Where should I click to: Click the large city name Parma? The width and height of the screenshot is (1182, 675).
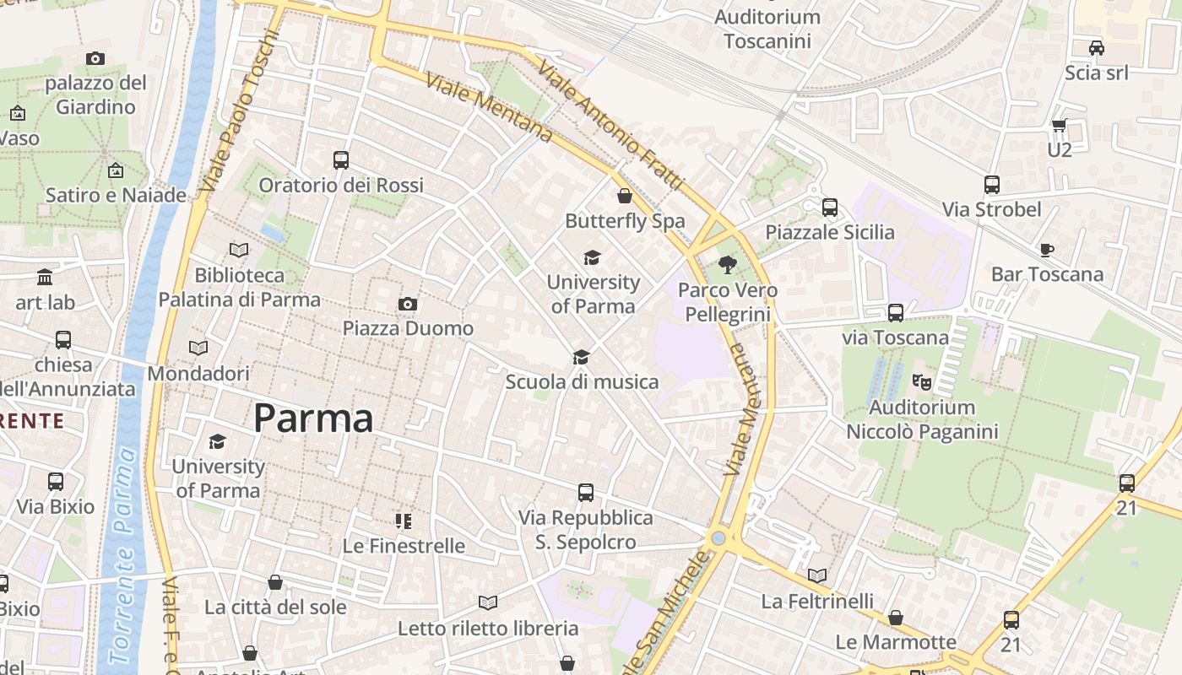coord(313,418)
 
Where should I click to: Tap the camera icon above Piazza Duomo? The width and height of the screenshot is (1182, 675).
coord(408,304)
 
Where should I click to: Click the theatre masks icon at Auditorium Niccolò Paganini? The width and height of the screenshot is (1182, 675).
coord(922,382)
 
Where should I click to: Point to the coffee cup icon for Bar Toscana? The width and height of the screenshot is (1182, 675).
coord(1047,250)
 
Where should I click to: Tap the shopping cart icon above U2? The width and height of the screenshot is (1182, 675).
coord(1059,126)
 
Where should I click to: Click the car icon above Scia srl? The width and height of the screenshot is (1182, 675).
coord(1096,48)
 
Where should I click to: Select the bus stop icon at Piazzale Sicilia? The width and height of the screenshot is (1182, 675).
coord(829,208)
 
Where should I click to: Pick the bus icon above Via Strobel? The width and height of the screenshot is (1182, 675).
coord(991,185)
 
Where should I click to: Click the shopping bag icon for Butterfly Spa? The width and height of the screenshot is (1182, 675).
coord(625,197)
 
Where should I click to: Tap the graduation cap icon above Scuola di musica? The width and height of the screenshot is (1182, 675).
coord(581,358)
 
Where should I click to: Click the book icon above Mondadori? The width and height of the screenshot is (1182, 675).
coord(198,348)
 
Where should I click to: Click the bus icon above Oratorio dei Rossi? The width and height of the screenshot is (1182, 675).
coord(341,160)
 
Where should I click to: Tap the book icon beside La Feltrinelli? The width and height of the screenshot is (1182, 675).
coord(816,576)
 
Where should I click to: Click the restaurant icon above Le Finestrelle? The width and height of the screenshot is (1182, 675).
coord(404,521)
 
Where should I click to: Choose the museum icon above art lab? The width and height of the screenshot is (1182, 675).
coord(45,278)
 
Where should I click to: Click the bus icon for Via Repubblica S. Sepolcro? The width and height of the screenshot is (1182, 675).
coord(585,493)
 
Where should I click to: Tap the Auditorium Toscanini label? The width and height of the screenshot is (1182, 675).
coord(767,29)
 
